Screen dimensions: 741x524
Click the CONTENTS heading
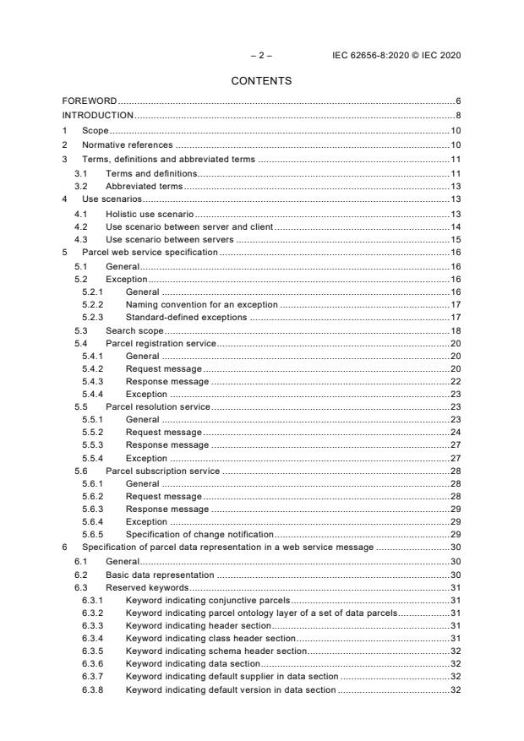(x=262, y=81)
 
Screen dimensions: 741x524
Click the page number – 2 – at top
(x=261, y=56)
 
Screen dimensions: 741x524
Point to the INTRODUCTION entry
(x=98, y=115)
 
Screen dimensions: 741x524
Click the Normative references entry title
(x=127, y=145)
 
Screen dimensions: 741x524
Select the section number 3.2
(x=79, y=186)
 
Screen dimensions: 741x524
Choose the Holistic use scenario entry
(x=144, y=214)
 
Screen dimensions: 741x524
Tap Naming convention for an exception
(x=202, y=304)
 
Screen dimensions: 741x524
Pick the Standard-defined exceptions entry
(x=186, y=317)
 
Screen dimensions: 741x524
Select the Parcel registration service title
(x=161, y=343)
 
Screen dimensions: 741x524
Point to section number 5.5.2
(x=93, y=432)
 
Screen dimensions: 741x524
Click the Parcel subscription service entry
(x=162, y=471)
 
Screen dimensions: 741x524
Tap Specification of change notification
(x=199, y=535)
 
